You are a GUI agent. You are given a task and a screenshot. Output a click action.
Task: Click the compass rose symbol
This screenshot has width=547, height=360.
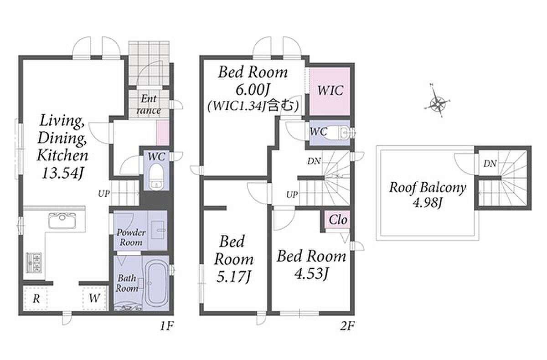[x=437, y=103]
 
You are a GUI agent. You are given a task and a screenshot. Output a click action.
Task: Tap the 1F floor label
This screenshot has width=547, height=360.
[x=167, y=326]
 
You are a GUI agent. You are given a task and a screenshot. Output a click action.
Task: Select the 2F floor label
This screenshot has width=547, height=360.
[x=347, y=326]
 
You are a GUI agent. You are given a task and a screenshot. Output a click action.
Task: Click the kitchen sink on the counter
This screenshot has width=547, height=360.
[x=62, y=220]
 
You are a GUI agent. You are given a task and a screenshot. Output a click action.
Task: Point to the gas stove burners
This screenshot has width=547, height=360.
[x=34, y=263]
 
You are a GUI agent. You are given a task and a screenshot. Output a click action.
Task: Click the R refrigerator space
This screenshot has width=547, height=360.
[x=36, y=298]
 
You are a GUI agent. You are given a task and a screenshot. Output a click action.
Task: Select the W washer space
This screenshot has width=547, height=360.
[x=94, y=298]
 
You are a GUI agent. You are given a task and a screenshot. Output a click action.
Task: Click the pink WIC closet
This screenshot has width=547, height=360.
[x=330, y=91]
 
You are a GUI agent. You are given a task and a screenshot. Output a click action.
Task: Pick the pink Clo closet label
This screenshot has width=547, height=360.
[x=338, y=220]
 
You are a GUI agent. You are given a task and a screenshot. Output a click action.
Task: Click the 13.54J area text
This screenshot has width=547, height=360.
[x=62, y=174]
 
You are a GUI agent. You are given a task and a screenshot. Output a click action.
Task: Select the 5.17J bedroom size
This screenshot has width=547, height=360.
[x=234, y=277]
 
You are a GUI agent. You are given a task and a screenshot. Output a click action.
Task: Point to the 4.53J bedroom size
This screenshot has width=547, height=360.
[x=311, y=274]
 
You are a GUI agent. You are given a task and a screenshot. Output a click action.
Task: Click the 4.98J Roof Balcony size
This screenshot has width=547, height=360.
[x=428, y=202]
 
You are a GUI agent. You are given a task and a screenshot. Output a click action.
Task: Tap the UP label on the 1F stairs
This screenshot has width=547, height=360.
[x=104, y=194]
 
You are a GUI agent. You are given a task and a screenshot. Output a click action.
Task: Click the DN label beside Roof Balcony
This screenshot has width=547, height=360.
[x=490, y=164]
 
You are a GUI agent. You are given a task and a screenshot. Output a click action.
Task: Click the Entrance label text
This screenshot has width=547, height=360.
[x=149, y=105]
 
